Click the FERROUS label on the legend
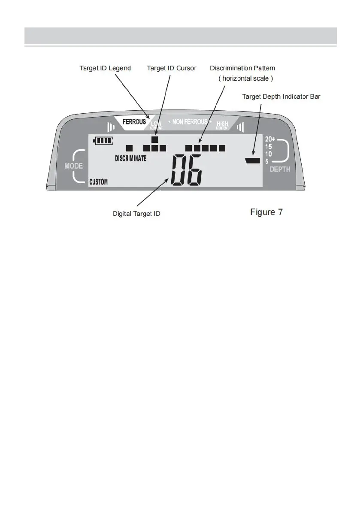point(134,122)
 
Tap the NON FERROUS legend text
point(190,122)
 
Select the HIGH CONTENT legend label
point(222,125)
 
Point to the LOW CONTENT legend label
point(156,125)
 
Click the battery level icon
point(103,140)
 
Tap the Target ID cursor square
point(155,139)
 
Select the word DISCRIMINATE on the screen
point(131,158)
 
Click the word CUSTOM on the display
point(99,182)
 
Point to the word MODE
point(73,166)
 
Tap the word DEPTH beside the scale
point(280,169)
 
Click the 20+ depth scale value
point(270,139)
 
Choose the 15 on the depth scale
point(269,146)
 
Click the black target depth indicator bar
point(253,160)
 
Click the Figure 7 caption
point(266,212)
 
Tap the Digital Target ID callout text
point(136,213)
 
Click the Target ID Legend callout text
point(105,68)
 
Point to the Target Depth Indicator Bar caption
point(281,97)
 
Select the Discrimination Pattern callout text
point(242,68)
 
